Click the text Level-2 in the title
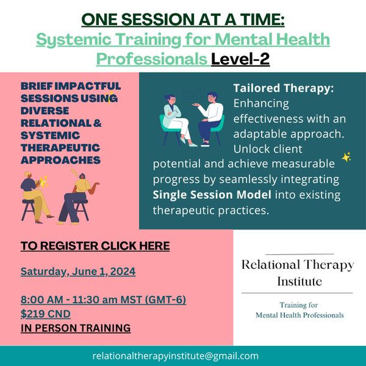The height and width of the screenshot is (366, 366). pyautogui.click(x=240, y=59)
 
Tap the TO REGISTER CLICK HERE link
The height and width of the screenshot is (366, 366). pyautogui.click(x=95, y=246)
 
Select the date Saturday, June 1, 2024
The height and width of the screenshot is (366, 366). pyautogui.click(x=78, y=271)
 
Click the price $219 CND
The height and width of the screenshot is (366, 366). pyautogui.click(x=46, y=314)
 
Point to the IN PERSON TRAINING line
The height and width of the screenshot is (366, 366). pyautogui.click(x=76, y=328)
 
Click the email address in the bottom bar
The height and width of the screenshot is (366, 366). pyautogui.click(x=176, y=356)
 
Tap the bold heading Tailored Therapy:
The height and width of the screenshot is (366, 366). pyautogui.click(x=284, y=88)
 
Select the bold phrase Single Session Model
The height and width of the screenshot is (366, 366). pyautogui.click(x=212, y=195)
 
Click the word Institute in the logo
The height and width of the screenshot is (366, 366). pyautogui.click(x=300, y=281)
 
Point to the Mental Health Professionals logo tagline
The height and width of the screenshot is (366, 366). pyautogui.click(x=300, y=315)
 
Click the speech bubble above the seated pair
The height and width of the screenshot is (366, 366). pyautogui.click(x=192, y=95)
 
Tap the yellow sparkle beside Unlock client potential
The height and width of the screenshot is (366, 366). pyautogui.click(x=346, y=157)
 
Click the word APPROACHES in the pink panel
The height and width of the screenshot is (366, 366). pyautogui.click(x=60, y=160)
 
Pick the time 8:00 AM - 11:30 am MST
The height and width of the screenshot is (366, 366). pyautogui.click(x=82, y=300)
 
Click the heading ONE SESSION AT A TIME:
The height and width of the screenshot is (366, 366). pyautogui.click(x=183, y=20)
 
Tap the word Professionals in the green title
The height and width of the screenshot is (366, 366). pyautogui.click(x=152, y=59)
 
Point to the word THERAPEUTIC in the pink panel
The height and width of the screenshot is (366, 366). pyautogui.click(x=60, y=148)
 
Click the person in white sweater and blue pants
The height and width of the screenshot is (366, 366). pyautogui.click(x=209, y=119)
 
